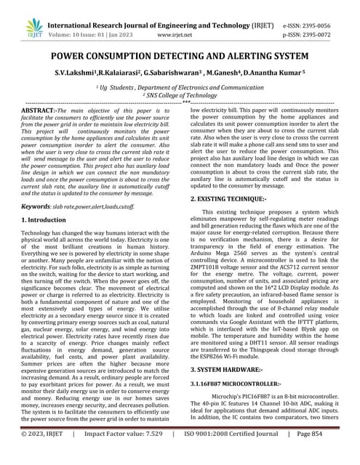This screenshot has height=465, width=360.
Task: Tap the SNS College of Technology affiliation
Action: [180, 94]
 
